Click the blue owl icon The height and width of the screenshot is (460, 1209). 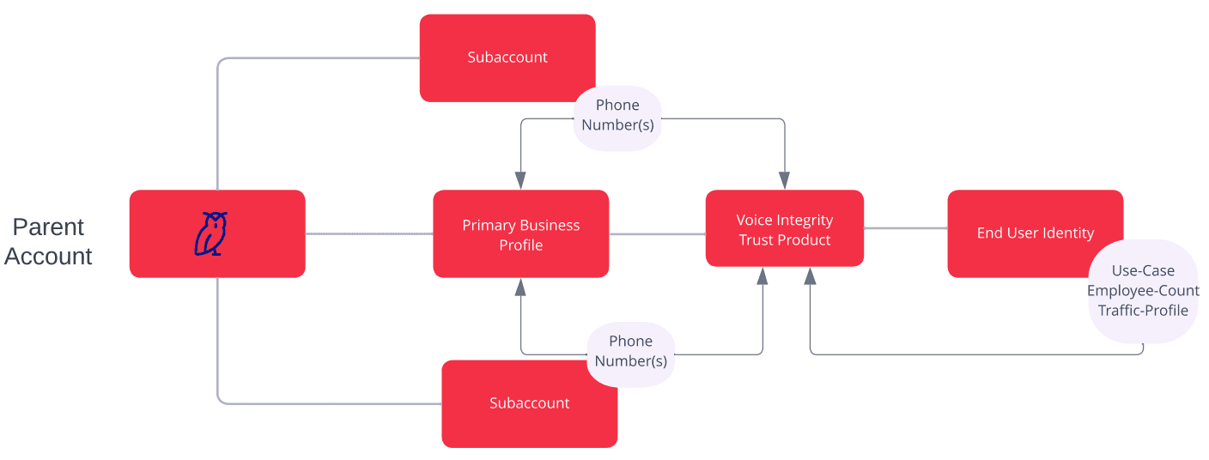210,233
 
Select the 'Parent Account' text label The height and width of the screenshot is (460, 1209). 49,241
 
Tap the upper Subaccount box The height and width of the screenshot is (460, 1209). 507,57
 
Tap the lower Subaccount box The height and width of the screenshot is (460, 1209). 529,403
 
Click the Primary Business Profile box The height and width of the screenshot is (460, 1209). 520,234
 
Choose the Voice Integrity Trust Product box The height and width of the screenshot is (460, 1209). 784,229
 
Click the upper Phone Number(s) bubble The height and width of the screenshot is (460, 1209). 617,115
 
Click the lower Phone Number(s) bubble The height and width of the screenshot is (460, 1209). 630,351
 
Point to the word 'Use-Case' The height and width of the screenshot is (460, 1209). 1143,270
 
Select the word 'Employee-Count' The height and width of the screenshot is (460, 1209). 1143,291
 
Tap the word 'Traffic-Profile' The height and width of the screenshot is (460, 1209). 1143,311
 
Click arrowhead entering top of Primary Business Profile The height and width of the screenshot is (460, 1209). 520,180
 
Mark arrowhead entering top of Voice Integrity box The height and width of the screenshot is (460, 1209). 784,180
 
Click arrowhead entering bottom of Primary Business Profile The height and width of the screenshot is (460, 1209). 520,287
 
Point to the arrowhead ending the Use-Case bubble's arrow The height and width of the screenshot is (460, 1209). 810,276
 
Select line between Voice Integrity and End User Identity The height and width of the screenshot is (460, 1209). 905,228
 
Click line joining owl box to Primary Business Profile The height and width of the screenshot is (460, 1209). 368,233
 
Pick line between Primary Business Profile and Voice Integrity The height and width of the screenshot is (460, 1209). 657,233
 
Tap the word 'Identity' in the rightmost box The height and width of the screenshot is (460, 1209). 1067,233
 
